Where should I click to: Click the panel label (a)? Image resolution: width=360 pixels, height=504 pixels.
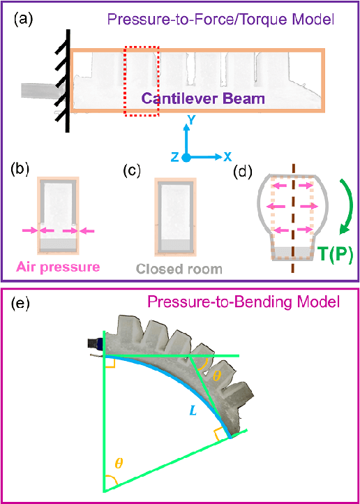(24, 20)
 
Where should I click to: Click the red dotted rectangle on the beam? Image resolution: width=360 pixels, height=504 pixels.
(142, 79)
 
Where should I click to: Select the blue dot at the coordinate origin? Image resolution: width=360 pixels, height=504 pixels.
(186, 157)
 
